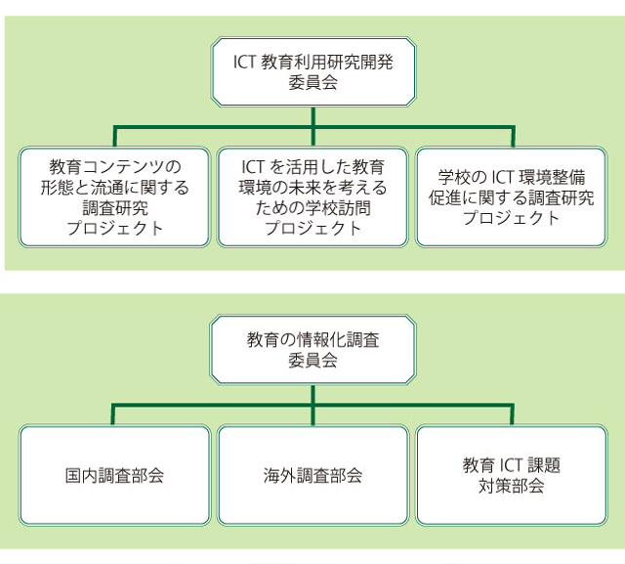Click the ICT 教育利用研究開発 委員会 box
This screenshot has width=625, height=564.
[x=313, y=72]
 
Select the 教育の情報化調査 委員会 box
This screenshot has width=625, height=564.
[x=313, y=350]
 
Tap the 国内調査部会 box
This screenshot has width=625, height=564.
[x=114, y=475]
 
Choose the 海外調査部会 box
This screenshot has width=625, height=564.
[x=312, y=475]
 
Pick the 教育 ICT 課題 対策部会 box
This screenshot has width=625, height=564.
[x=512, y=475]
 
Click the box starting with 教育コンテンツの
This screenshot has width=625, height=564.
[x=114, y=197]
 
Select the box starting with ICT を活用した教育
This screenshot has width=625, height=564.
[x=312, y=197]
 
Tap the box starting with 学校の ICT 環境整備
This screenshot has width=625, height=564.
[x=512, y=197]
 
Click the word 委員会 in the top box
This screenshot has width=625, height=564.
[x=313, y=83]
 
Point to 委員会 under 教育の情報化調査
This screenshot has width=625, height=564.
[x=313, y=361]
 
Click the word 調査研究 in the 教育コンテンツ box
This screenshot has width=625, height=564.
[x=115, y=208]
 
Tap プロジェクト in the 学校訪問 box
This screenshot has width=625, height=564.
[x=313, y=229]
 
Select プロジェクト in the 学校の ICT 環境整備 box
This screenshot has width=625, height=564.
[x=512, y=218]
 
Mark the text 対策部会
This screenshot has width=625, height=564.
[x=512, y=486]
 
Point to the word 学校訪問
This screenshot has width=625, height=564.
[x=338, y=208]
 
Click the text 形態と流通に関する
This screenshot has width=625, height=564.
[x=115, y=187]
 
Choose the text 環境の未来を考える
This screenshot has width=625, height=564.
[x=312, y=187]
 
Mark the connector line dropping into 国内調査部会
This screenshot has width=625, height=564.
[x=113, y=414]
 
